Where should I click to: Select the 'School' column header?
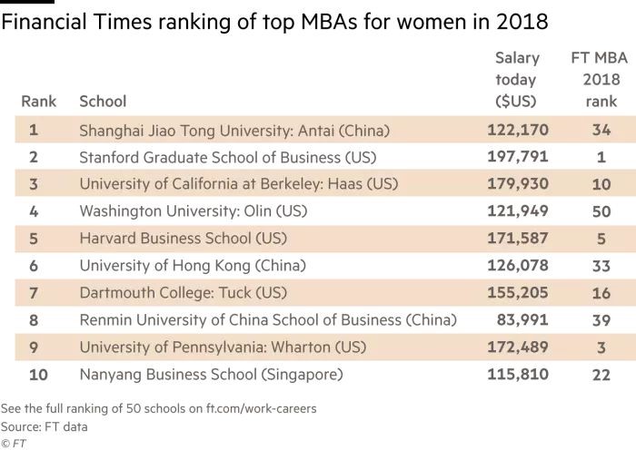point(103,101)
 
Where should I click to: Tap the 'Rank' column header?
point(38,101)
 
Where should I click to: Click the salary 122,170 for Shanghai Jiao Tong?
point(518,130)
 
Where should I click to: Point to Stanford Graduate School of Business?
point(227,157)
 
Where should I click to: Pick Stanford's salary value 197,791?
point(518,157)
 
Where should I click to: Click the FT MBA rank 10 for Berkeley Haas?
point(601,184)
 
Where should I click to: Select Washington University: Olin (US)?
point(194,211)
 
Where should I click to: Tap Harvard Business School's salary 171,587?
point(518,239)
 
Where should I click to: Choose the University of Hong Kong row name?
point(193,266)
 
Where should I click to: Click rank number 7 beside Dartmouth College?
point(34,293)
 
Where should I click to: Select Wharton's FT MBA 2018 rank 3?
point(601,347)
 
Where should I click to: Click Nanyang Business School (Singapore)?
point(211,374)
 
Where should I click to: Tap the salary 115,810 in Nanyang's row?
point(518,374)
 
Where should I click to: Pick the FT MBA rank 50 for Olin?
point(601,211)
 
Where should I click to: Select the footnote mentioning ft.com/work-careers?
point(159,408)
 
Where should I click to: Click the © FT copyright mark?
point(14,443)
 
